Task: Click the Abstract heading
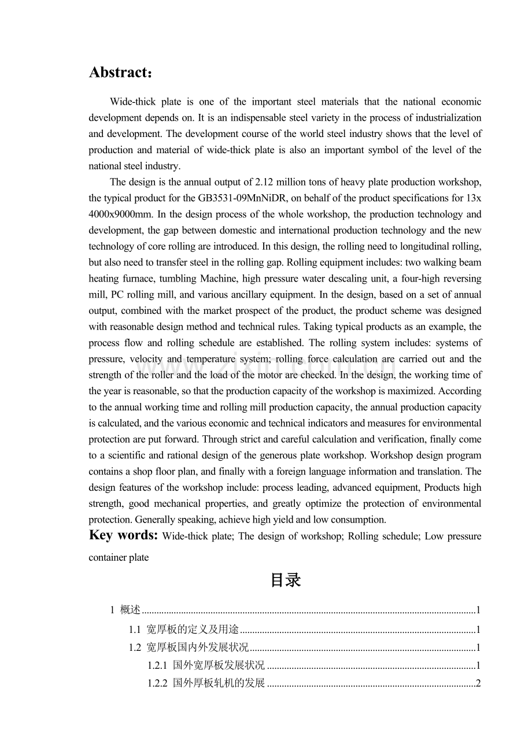coord(121,73)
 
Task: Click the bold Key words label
coord(123,535)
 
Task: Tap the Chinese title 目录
coord(285,580)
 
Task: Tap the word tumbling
coord(172,279)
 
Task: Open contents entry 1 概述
coord(130,610)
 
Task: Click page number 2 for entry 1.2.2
coord(478,684)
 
